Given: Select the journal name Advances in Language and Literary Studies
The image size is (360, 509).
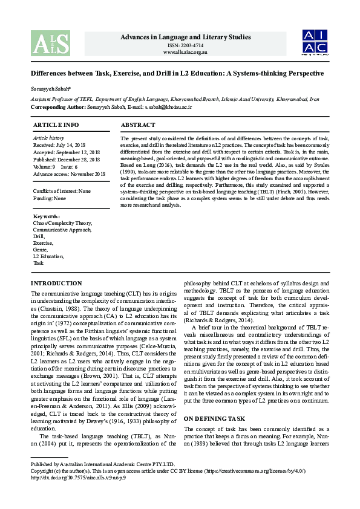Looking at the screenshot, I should tap(186, 37).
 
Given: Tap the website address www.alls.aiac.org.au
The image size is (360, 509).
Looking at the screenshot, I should tap(186, 52).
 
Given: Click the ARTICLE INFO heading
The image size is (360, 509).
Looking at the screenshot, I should tap(56, 125).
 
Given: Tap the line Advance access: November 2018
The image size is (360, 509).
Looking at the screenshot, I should tap(70, 173).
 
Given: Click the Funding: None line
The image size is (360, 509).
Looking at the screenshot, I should tap(50, 198).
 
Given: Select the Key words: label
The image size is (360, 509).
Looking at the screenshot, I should tap(47, 216).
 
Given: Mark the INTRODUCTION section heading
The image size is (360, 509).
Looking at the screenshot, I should tap(56, 283).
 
